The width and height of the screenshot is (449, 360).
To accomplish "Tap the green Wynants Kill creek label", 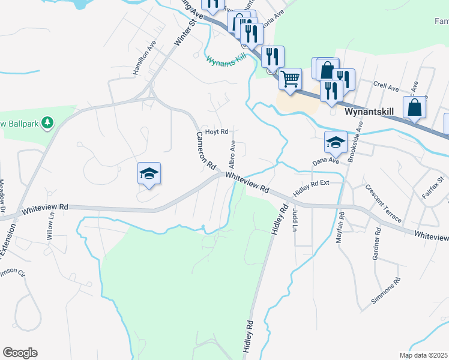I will [227, 61].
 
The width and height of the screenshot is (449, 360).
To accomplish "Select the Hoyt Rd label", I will [217, 131].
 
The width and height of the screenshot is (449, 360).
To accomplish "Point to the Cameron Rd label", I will [206, 152].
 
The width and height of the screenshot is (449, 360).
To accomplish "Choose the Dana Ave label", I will [326, 161].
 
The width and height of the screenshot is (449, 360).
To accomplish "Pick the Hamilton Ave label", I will [145, 58].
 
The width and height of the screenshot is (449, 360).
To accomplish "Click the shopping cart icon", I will [291, 78].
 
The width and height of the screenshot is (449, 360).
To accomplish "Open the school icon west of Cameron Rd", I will [149, 173].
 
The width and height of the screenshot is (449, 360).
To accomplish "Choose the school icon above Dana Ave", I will [336, 142].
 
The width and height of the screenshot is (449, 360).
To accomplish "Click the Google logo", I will [20, 353].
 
